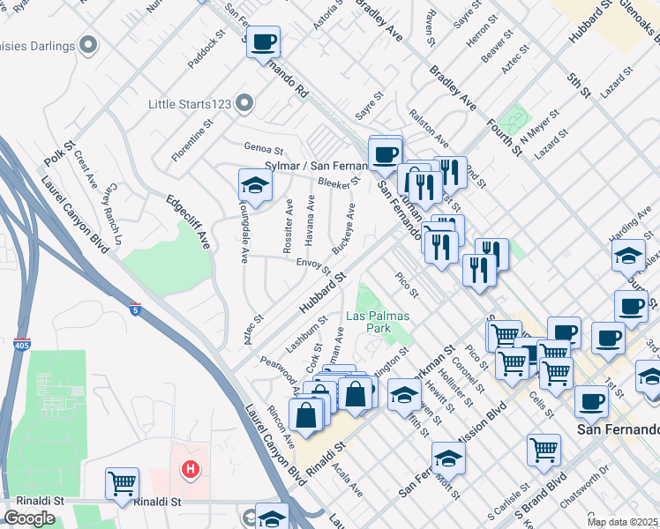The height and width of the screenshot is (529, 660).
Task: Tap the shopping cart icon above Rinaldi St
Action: tap(122, 484)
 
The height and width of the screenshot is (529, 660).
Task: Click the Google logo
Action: tap(29, 518)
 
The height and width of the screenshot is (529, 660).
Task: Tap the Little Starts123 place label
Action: tap(189, 104)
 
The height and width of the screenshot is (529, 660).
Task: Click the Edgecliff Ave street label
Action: tap(187, 220)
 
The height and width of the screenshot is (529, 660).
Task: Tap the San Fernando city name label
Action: tap(618, 429)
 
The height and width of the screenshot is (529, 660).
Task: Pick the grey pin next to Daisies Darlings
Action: tap(88, 43)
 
